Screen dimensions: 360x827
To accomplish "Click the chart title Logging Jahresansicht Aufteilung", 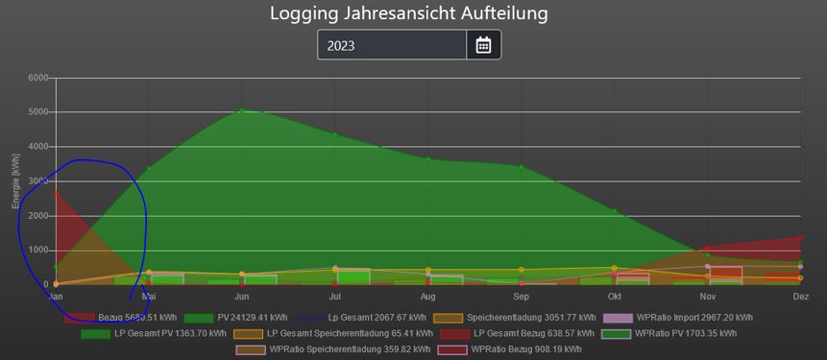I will coord(408,13).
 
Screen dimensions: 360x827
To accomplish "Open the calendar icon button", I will coord(483,45).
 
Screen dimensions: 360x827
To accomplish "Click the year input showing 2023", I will coord(392,45).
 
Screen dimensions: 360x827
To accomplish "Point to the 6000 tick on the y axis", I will coord(37,78).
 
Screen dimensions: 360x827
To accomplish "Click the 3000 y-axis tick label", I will coord(37,181).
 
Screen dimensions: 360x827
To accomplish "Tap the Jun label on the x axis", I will coord(241,297).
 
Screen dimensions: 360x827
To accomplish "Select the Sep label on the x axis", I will coord(521,297).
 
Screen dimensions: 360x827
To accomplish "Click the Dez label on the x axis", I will coord(800,297).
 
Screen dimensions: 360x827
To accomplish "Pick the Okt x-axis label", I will coord(614,297).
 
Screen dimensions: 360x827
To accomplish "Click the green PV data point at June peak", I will coord(241,111).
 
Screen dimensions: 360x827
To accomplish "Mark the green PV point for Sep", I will coord(521,167).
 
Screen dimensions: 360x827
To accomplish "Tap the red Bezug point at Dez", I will coord(800,238).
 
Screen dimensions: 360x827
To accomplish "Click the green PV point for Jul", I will coord(334,134).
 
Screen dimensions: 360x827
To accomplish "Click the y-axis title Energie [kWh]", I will coord(16,181).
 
